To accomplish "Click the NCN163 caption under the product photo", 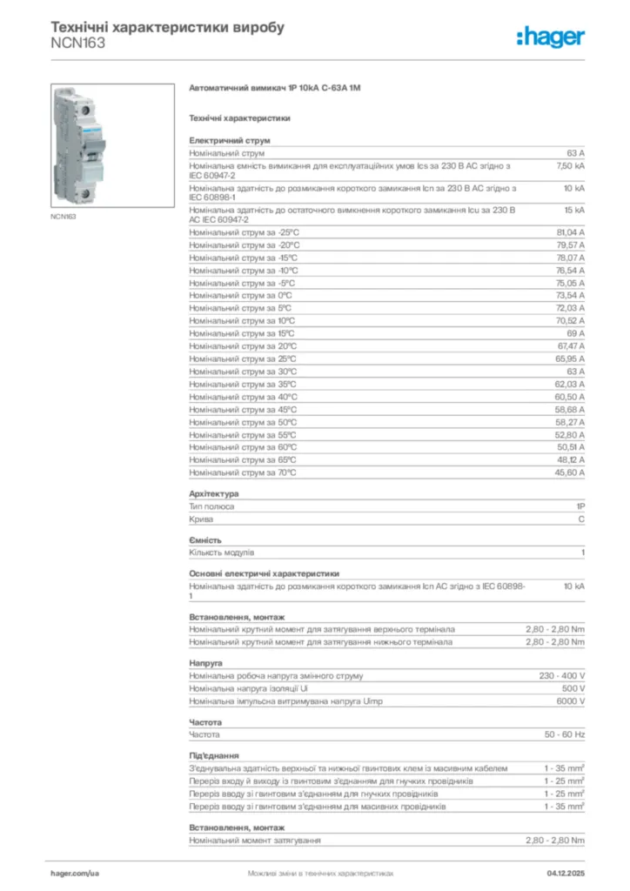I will pos(63,216).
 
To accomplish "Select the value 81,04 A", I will pos(570,232).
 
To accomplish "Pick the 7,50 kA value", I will pos(570,164).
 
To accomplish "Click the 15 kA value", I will pos(573,210).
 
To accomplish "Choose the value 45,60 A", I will pos(570,472).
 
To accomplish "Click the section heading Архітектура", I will pos(214,493).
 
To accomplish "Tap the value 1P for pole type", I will pos(580,506).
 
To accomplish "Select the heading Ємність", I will pos(205,540).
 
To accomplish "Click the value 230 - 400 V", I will pos(562,675).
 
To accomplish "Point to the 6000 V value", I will pos(570,700).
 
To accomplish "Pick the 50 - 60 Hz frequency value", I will pos(565,734).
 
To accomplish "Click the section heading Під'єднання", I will pos(214,755).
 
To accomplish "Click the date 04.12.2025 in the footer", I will pos(566,872).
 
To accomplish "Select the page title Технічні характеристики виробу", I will pos(168,27).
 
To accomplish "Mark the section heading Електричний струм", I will pos(230,139).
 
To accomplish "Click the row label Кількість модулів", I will pos(222,553).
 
